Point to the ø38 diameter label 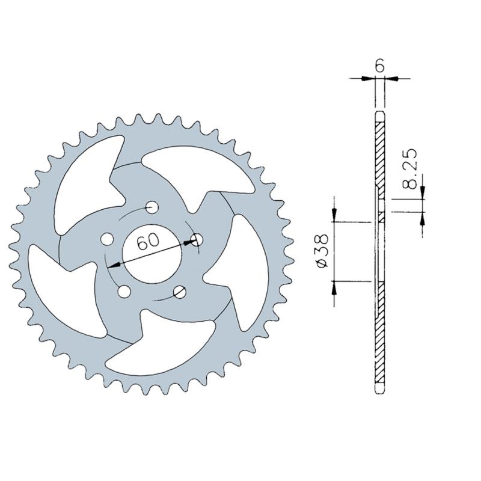tap(322, 251)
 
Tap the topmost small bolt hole tap(152, 207)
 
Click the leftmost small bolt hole tap(108, 239)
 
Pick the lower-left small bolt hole tap(124, 292)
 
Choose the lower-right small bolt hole tap(180, 292)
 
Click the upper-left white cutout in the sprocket tap(84, 180)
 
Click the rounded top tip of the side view tap(379, 115)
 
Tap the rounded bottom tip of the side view tap(379, 390)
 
